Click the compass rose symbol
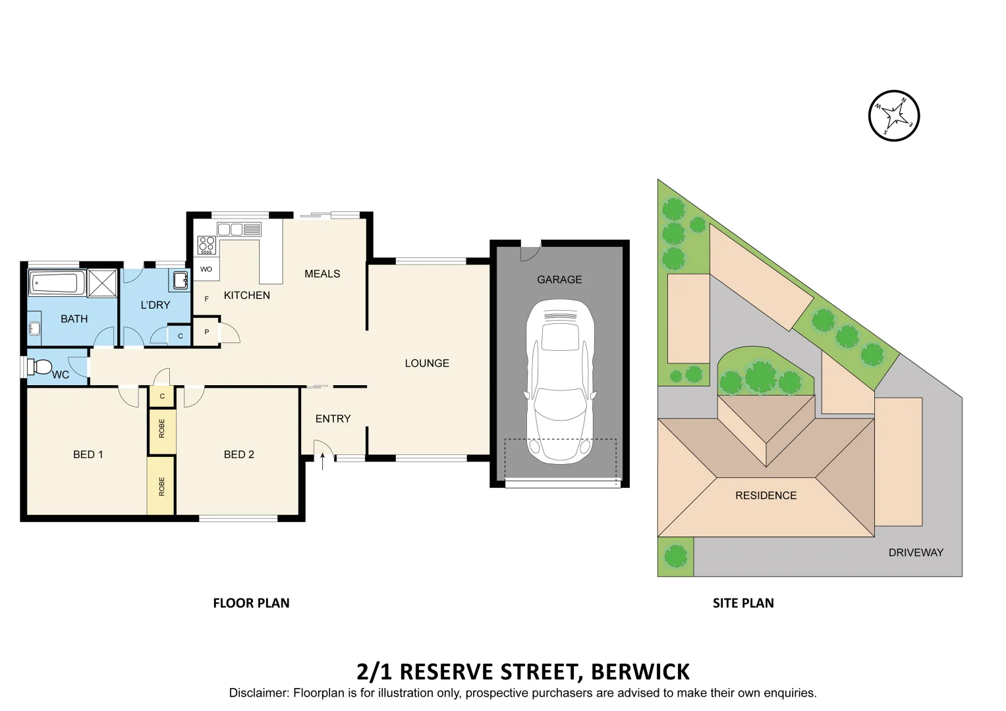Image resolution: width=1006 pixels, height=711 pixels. [x=894, y=116]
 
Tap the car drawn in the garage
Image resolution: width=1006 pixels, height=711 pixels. [x=560, y=382]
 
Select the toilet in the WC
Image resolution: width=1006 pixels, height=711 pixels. [x=41, y=367]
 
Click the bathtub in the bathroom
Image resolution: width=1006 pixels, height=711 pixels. [x=57, y=284]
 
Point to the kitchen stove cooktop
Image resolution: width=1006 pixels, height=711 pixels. [x=207, y=245]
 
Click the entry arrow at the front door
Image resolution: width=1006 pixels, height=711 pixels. [x=322, y=460]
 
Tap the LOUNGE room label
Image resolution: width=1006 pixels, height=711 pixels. [x=427, y=363]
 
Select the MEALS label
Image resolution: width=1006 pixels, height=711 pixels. [x=322, y=274]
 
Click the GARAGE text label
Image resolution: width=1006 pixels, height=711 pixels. [x=559, y=280]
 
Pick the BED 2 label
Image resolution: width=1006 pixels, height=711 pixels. [x=238, y=455]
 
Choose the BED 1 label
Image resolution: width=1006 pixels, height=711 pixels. [x=88, y=455]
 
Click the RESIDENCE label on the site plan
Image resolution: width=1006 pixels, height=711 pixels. [x=766, y=496]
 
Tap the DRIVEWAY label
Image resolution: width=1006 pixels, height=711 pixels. [x=916, y=553]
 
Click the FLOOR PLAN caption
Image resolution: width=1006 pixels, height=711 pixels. [x=251, y=603]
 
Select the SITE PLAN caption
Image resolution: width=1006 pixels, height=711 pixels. [x=743, y=603]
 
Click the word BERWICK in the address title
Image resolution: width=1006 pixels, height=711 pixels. [x=640, y=672]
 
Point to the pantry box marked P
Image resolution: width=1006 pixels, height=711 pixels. [x=206, y=332]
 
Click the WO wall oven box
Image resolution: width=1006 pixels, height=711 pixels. [x=206, y=269]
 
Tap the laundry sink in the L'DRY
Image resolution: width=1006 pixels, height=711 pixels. [x=180, y=280]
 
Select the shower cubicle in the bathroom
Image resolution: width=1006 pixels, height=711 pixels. [x=102, y=283]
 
